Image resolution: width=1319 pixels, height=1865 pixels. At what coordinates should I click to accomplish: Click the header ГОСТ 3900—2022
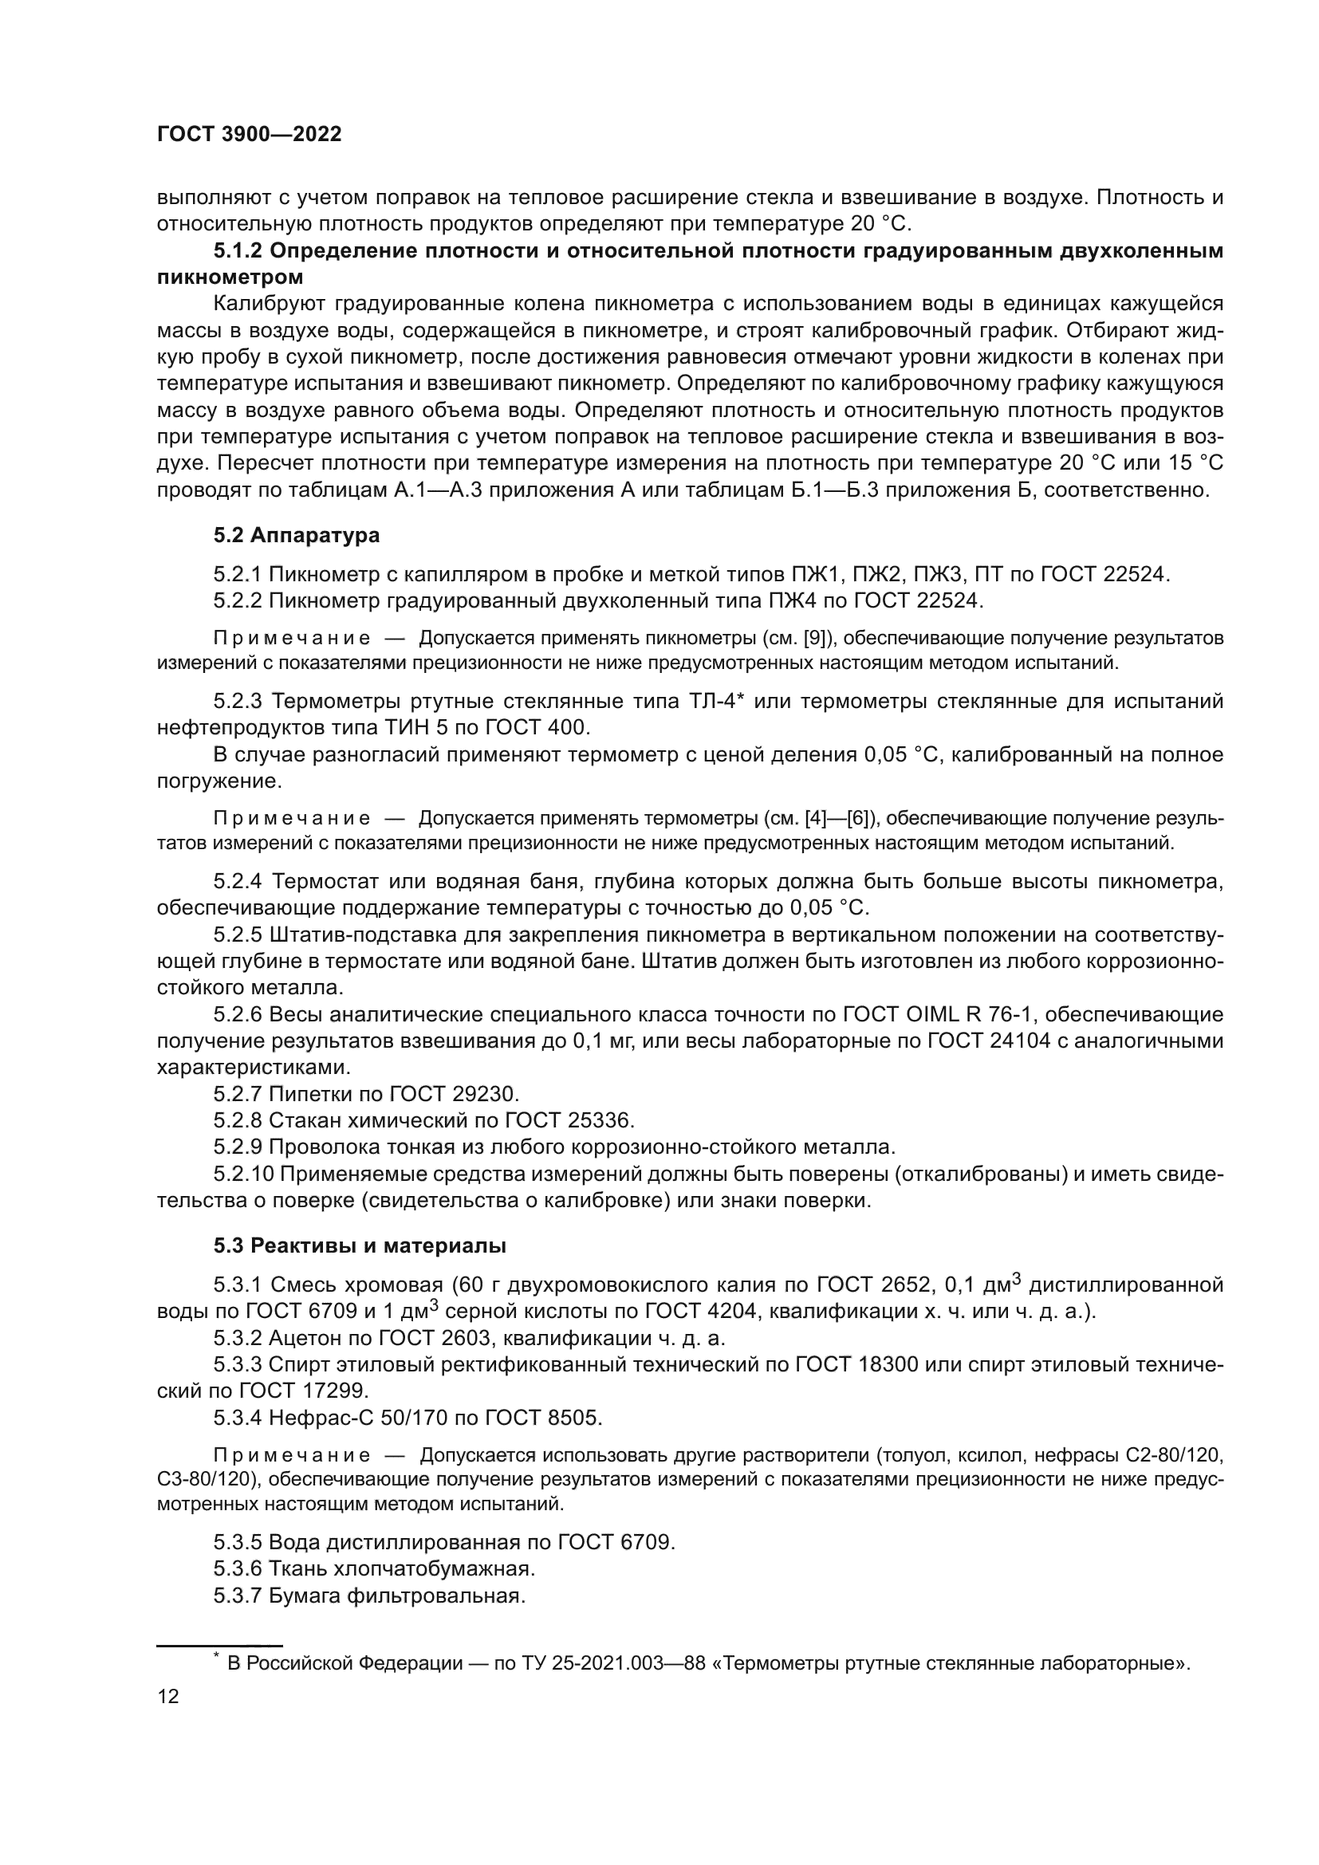point(249,135)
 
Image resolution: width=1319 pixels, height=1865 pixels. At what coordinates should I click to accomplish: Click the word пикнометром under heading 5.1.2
point(230,277)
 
